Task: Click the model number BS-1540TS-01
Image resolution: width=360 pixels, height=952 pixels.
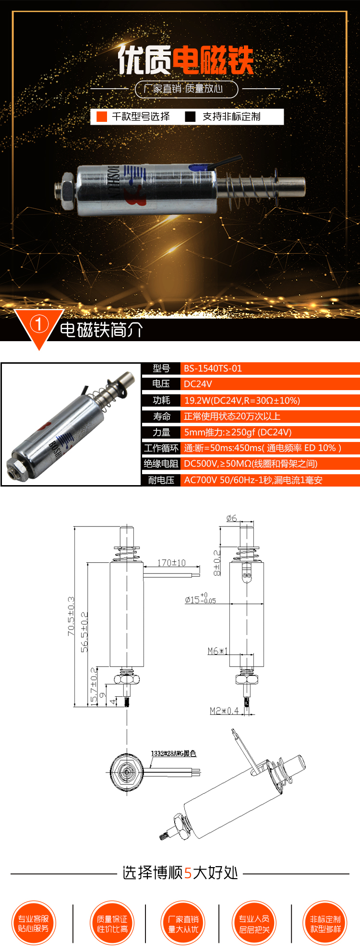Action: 213,369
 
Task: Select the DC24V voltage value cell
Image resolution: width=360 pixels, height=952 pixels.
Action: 198,384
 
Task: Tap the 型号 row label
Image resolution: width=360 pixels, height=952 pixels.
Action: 161,369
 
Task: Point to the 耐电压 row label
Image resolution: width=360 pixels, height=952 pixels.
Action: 161,480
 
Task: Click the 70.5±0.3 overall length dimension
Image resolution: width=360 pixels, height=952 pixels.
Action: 71,616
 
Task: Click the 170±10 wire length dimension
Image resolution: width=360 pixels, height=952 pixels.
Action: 171,563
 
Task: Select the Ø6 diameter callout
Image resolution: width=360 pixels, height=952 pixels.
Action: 231,518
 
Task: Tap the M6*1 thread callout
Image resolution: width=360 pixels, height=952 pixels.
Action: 217,651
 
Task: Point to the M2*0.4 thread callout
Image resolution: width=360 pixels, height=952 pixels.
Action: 224,711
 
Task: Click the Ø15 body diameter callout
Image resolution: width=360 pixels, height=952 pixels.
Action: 200,599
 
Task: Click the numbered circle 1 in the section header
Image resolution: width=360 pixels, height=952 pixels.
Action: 38,324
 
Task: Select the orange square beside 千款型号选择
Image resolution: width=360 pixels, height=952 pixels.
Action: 102,117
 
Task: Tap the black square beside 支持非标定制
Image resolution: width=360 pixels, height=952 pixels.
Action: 191,117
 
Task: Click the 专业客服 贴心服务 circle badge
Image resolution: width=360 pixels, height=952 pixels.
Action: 34,923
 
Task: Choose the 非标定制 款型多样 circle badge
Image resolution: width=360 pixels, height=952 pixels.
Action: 325,923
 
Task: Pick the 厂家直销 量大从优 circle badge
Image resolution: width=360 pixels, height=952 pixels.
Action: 183,923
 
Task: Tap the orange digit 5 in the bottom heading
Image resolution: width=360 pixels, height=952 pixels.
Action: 188,873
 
